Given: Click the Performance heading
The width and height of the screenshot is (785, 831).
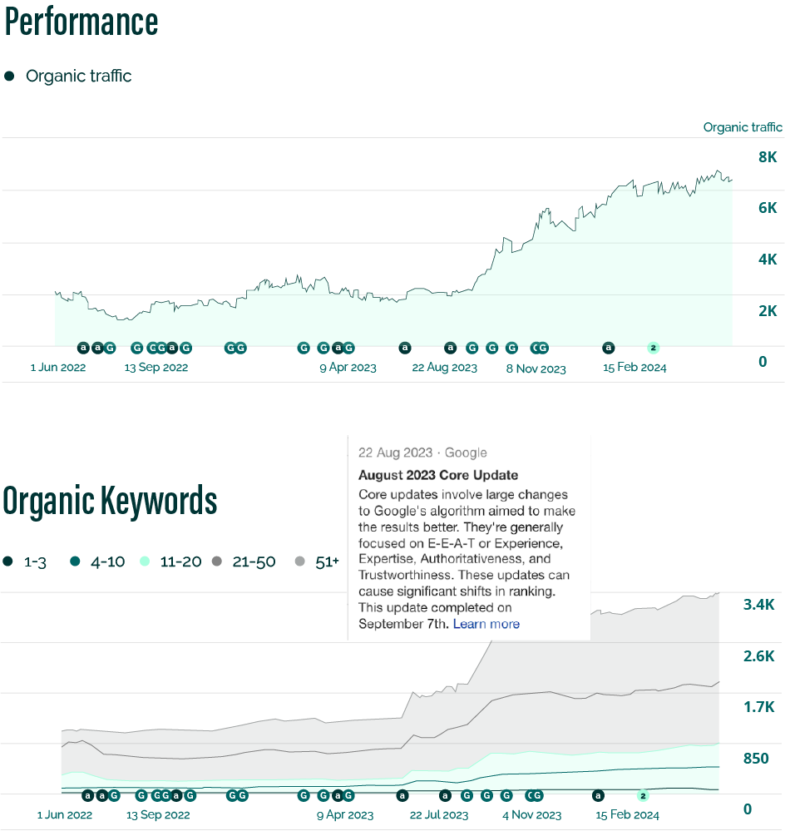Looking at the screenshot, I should (81, 22).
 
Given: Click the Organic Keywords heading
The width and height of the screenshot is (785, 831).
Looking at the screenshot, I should (110, 501).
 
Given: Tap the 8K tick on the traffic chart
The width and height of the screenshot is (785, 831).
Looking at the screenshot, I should (767, 157).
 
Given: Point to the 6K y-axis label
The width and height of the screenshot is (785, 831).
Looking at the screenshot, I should (767, 208).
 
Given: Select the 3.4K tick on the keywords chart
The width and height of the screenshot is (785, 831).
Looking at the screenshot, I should (758, 605).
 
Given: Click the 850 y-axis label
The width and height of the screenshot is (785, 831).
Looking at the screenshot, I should (756, 759).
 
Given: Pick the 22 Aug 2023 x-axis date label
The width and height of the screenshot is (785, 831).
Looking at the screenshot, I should (445, 368).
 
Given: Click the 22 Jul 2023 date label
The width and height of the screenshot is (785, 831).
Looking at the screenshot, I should (439, 815).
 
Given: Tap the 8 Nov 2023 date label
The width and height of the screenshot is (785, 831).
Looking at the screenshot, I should (536, 369).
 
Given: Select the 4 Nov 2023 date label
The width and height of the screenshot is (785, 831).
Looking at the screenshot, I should (531, 815).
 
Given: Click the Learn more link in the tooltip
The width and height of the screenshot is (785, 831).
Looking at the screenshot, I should (486, 624).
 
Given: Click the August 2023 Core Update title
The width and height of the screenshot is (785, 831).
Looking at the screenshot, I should (438, 476).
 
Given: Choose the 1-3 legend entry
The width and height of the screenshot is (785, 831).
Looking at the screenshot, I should (34, 561).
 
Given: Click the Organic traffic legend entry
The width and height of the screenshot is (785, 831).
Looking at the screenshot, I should (78, 77).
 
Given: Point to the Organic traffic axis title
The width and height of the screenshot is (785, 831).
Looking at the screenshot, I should (743, 127).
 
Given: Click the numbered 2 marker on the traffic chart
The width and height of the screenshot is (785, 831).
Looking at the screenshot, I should (653, 347).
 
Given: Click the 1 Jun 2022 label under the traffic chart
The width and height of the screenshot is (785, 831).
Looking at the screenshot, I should (58, 368).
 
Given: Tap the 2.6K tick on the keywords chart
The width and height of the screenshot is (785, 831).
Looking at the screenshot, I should (758, 657).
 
